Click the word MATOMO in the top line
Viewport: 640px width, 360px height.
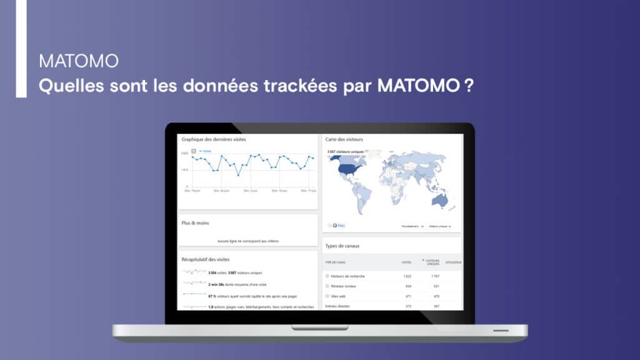click(78, 62)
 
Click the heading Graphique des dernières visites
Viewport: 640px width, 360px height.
click(214, 139)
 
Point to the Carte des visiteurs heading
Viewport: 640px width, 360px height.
click(344, 139)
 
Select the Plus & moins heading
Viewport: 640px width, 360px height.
click(196, 222)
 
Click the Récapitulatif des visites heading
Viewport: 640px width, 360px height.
click(206, 259)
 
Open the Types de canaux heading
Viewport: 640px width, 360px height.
click(343, 246)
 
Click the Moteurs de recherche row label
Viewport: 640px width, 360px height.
click(349, 276)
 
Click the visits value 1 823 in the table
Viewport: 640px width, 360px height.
click(406, 276)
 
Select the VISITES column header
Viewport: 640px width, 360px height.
click(406, 262)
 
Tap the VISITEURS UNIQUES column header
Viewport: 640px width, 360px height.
click(432, 262)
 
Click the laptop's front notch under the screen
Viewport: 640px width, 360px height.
click(320, 327)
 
